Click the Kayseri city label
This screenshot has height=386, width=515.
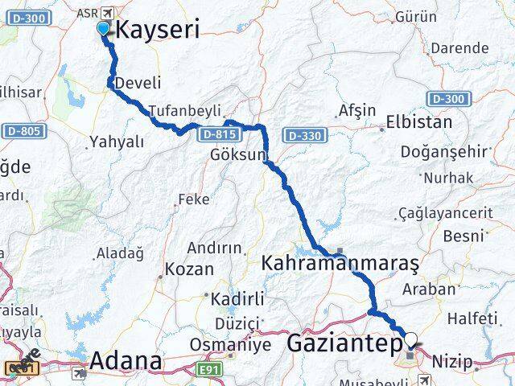[159, 30]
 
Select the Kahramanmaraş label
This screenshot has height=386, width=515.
[340, 263]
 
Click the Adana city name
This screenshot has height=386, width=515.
[126, 361]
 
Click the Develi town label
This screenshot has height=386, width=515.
[138, 83]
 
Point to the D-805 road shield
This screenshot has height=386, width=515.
[22, 130]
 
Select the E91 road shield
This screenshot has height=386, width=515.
[211, 369]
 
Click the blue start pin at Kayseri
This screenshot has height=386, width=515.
[103, 29]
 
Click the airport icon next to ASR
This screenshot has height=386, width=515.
[108, 14]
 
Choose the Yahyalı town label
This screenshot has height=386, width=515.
[117, 142]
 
